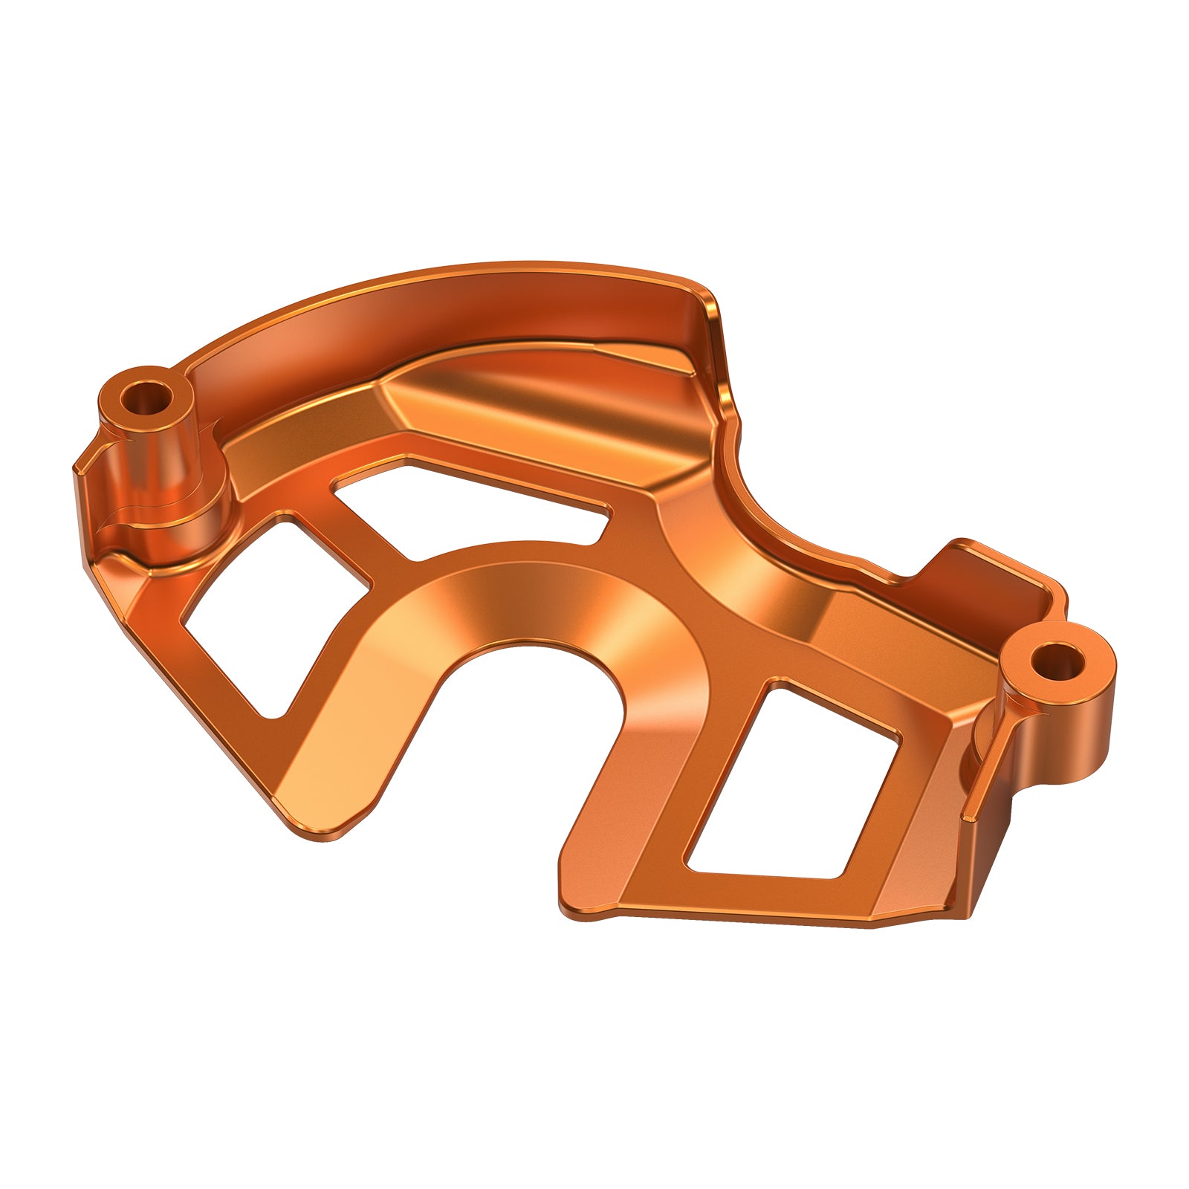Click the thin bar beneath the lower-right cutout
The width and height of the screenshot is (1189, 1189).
pos(743,903)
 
